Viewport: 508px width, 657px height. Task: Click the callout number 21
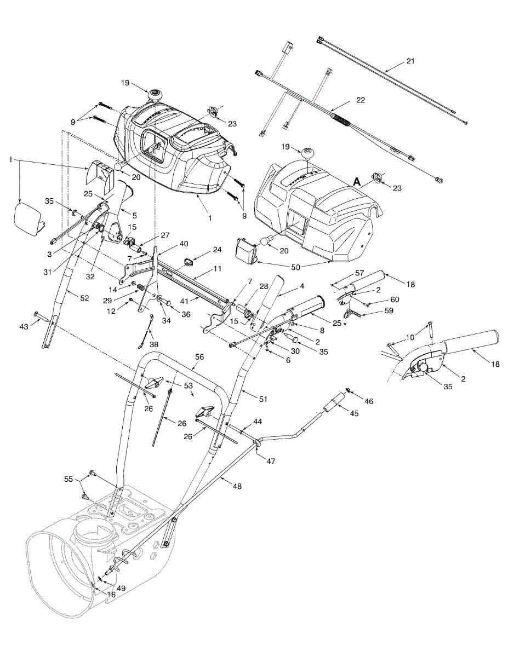(x=411, y=61)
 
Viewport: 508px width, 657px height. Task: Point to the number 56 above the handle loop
(x=199, y=356)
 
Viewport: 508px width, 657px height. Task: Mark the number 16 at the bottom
(x=111, y=594)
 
